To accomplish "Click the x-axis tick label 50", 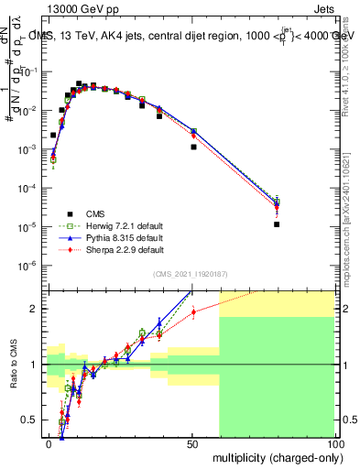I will (x=192, y=443).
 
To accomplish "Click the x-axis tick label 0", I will (x=49, y=443).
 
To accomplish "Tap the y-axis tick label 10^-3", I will (x=32, y=149).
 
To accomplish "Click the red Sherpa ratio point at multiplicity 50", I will (x=193, y=311).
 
